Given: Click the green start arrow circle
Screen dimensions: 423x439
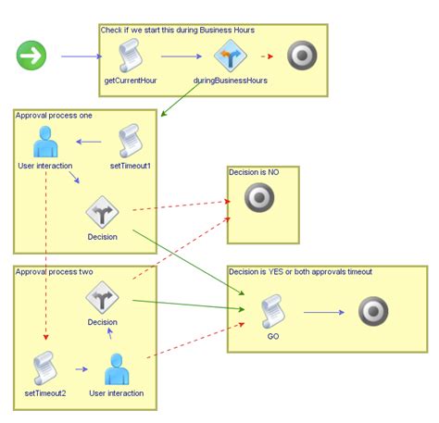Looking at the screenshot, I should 31,56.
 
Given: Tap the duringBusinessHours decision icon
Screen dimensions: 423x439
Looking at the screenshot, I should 230,57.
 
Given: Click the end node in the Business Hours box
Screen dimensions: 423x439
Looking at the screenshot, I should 302,57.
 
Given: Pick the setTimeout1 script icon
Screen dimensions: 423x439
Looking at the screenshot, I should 131,143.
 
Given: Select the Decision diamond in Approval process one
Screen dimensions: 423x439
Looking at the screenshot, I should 102,212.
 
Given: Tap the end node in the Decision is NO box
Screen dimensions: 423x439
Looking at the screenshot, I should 259,197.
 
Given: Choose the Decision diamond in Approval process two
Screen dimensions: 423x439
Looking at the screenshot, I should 102,299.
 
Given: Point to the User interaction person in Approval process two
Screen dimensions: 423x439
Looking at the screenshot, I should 116,368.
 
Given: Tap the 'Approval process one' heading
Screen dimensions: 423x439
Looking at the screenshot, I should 56,115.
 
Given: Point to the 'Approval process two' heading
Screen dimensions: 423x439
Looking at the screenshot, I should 56,271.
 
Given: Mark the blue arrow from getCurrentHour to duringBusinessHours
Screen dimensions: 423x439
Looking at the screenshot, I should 181,56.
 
